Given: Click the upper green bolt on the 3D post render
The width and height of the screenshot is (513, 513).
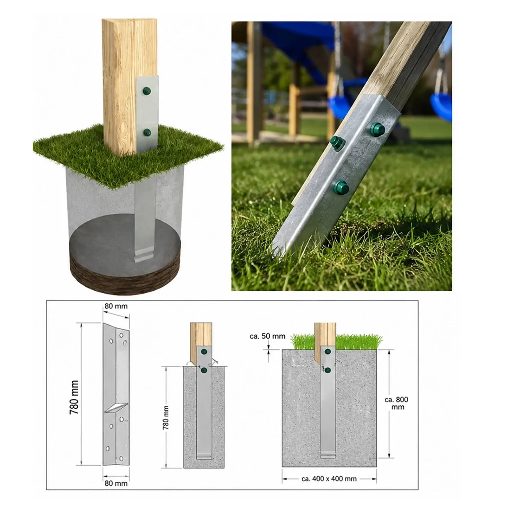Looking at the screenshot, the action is (147, 91).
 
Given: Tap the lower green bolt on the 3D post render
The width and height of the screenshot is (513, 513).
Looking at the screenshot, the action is (147, 132).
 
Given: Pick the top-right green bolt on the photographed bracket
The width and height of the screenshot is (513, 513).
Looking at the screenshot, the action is (377, 130).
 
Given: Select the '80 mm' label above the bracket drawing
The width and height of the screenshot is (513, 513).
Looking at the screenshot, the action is (116, 306).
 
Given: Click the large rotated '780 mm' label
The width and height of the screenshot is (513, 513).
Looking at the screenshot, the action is (74, 397).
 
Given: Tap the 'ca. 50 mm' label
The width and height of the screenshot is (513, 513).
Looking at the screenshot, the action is (267, 336).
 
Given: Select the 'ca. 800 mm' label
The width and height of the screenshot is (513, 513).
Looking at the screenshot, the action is (396, 403).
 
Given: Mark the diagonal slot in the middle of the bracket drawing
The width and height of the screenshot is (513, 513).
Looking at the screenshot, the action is (116, 408).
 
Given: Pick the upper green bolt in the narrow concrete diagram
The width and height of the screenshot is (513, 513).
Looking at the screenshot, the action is (204, 352).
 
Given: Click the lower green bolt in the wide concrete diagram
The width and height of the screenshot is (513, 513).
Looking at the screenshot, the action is (328, 370).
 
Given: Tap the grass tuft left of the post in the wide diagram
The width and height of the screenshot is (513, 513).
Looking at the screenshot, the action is (302, 342).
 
